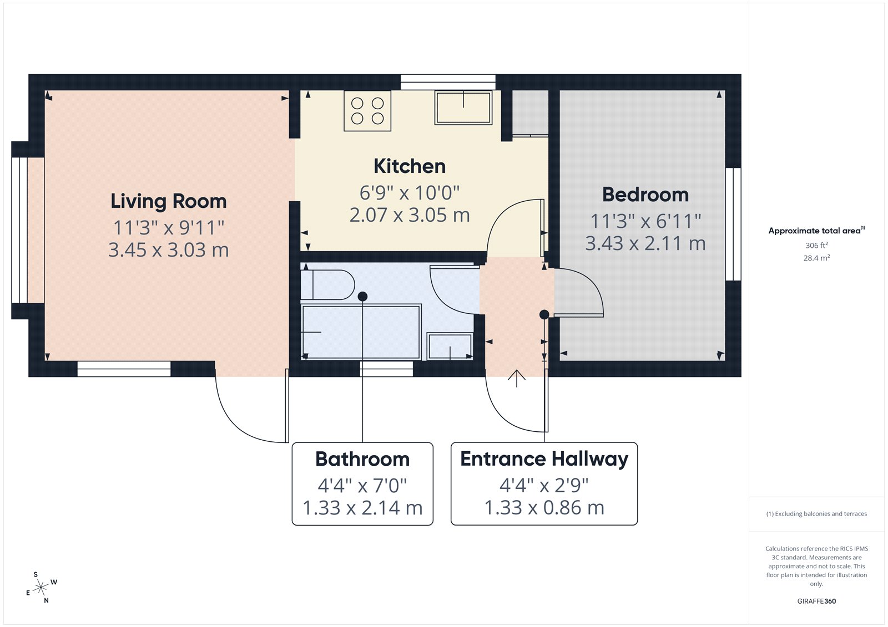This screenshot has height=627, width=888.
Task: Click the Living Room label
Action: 168,201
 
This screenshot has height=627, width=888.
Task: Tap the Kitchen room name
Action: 410,166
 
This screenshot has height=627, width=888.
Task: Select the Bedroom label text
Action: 645,195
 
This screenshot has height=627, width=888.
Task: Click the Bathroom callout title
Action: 362,459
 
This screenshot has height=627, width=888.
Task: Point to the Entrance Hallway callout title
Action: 544,459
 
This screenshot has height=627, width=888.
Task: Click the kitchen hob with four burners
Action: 367,111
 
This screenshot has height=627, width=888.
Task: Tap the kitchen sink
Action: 463,108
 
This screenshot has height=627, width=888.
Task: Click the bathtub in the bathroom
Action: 361,332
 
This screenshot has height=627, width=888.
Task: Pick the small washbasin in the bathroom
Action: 450,346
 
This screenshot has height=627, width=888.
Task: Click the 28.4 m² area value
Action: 816,258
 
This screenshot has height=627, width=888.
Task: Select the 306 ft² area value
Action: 816,245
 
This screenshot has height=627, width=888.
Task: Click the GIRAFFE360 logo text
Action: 816,601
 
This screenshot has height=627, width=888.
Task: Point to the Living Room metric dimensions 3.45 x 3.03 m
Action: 168,250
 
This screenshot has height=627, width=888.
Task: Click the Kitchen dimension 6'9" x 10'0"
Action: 410,193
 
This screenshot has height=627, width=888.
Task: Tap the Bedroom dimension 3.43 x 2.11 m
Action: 645,243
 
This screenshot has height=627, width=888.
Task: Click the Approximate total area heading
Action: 815,231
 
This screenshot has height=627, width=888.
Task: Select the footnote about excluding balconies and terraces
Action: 816,514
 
